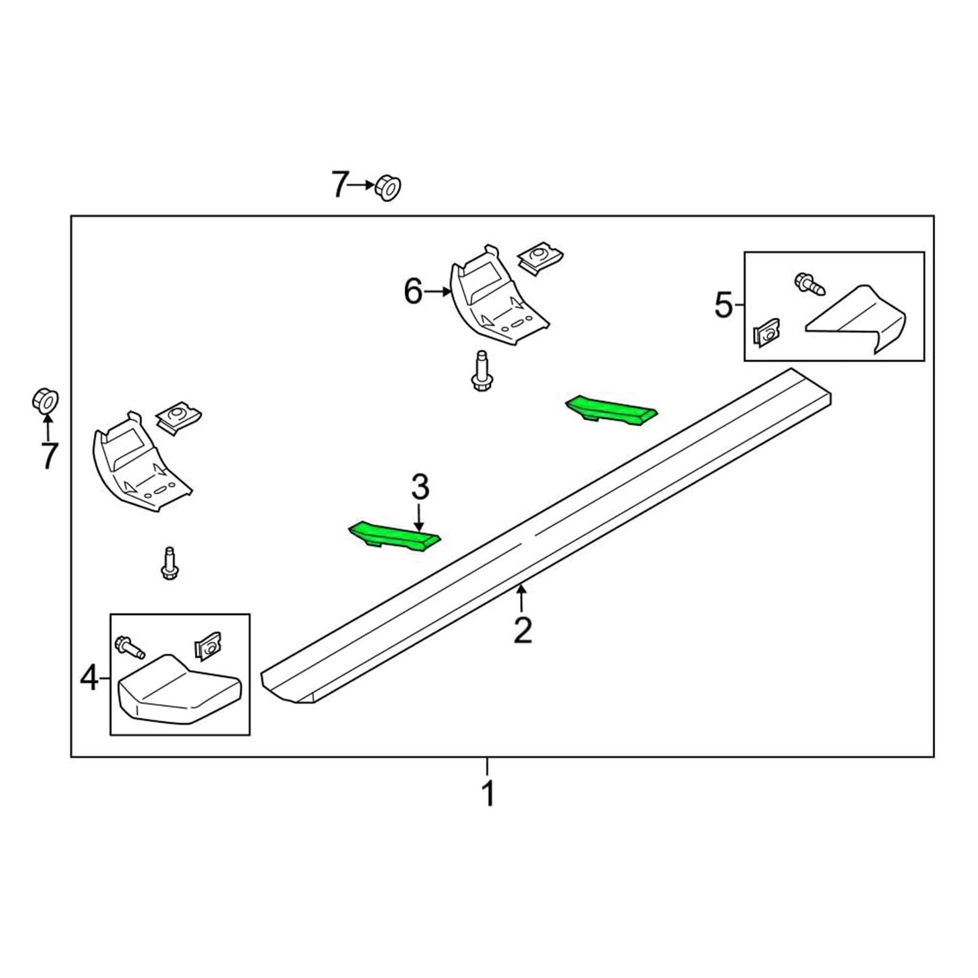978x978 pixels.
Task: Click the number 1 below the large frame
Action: [488, 793]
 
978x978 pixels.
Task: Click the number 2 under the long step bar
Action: [523, 630]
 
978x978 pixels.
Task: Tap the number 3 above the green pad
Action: [420, 487]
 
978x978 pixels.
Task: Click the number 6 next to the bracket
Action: [413, 291]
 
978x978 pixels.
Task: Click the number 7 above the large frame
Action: [340, 184]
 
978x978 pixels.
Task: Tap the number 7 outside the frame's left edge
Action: [48, 455]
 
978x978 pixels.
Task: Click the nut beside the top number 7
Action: [388, 186]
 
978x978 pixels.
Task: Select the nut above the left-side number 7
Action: [45, 400]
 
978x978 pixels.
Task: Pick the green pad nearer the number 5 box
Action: [611, 410]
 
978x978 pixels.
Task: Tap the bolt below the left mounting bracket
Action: [169, 564]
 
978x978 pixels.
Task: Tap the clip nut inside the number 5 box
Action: [768, 332]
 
